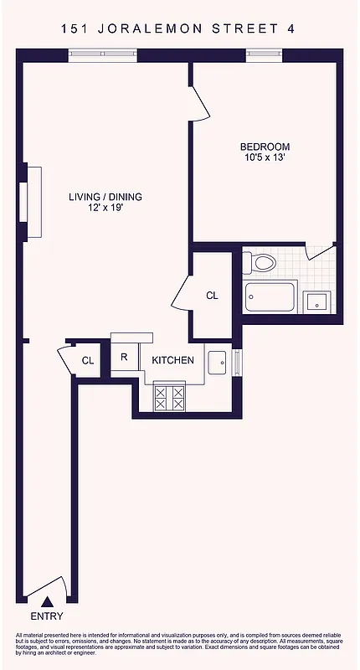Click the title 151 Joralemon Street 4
(x=178, y=29)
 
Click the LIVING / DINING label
(x=105, y=197)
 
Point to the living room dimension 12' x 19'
(x=105, y=209)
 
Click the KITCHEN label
(x=172, y=361)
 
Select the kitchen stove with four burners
(x=170, y=396)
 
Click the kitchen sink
(x=217, y=362)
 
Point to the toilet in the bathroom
(x=262, y=263)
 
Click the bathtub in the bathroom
(x=270, y=296)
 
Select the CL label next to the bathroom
(x=212, y=296)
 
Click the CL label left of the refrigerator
(x=88, y=361)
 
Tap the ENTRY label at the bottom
(x=46, y=616)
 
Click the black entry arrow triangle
(x=48, y=600)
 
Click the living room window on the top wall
(x=102, y=55)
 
